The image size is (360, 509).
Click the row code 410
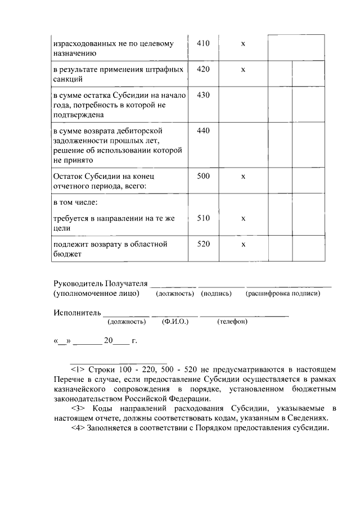pyautogui.click(x=203, y=43)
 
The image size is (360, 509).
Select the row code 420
pyautogui.click(x=203, y=69)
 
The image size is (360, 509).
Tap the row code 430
pyautogui.click(x=203, y=95)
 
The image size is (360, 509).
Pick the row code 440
pyautogui.click(x=203, y=131)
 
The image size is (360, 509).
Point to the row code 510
pyautogui.click(x=203, y=219)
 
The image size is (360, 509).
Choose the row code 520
pyautogui.click(x=203, y=245)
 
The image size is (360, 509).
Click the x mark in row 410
pyautogui.click(x=243, y=44)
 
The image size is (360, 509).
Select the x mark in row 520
pyautogui.click(x=243, y=245)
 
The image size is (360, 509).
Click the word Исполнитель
pyautogui.click(x=77, y=312)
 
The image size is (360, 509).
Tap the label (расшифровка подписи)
pyautogui.click(x=282, y=294)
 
